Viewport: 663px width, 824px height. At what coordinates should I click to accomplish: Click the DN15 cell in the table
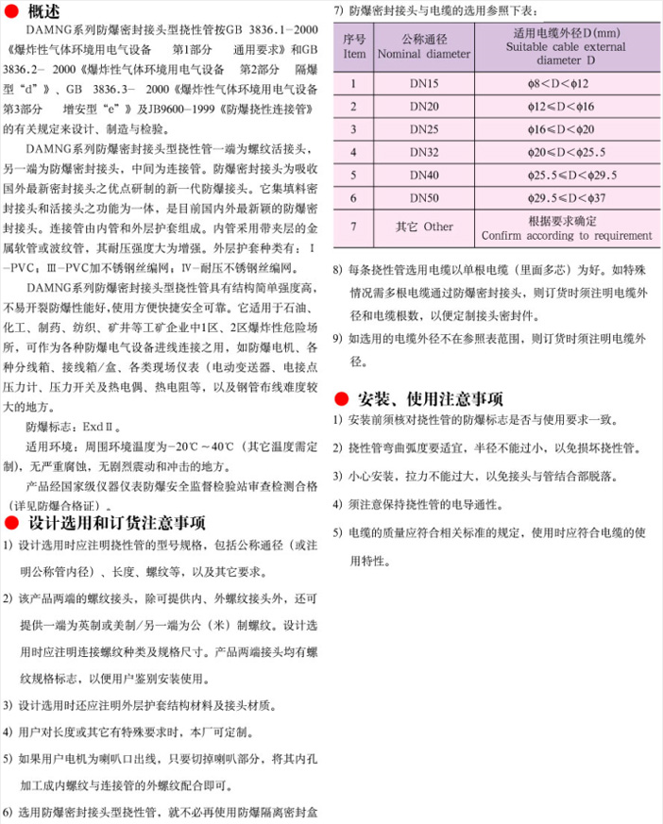click(421, 83)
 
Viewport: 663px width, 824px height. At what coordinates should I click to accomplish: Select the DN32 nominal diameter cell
click(421, 151)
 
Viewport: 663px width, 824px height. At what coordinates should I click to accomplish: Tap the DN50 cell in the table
click(421, 196)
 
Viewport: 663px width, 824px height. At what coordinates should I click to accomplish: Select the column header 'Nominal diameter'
click(421, 55)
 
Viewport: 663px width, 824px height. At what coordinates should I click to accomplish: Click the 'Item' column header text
click(354, 55)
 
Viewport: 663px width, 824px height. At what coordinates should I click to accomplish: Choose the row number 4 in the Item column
click(354, 151)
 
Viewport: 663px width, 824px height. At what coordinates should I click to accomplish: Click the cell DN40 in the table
click(421, 174)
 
